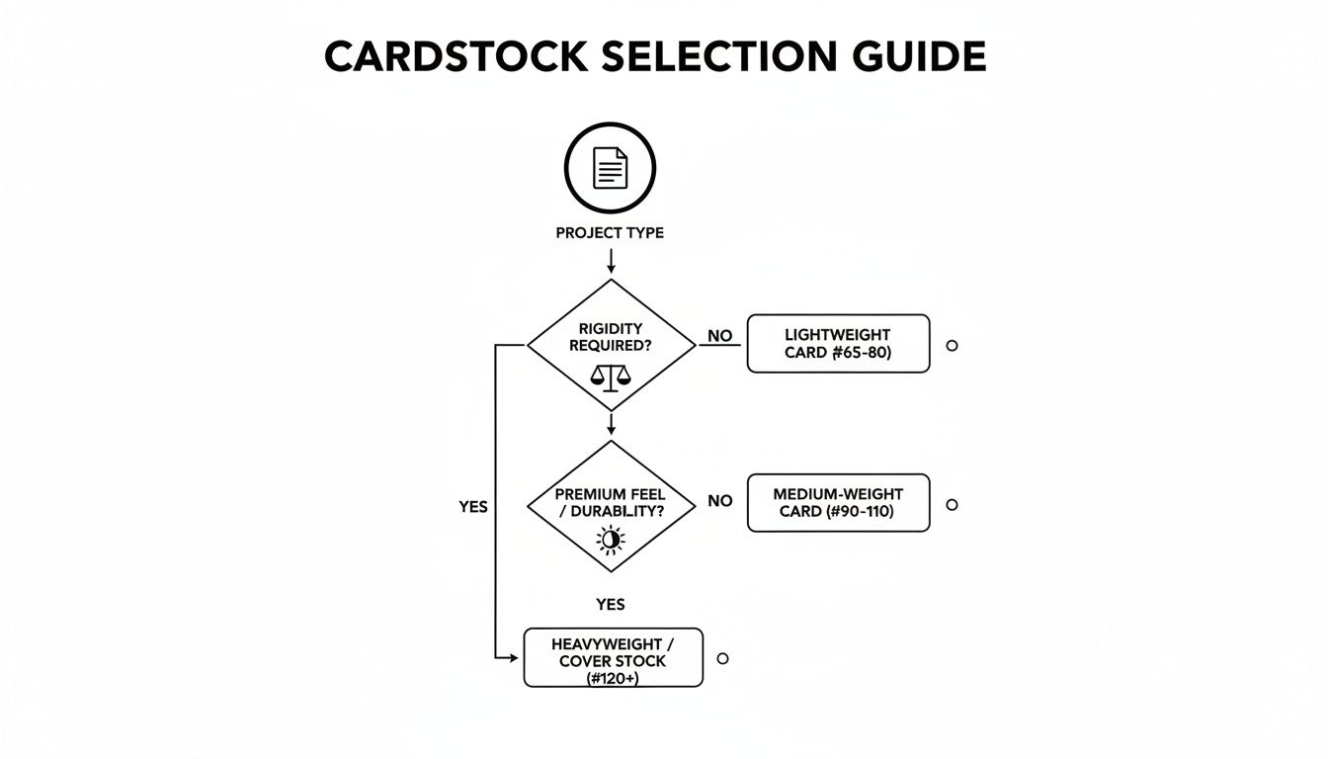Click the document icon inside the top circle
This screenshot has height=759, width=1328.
(610, 168)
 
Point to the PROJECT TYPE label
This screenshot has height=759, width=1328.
(610, 233)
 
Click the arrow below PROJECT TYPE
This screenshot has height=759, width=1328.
(611, 261)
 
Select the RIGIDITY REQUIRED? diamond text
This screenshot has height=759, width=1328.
(611, 336)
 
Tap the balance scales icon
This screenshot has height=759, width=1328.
(610, 375)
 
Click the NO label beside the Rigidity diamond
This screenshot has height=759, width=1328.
(720, 336)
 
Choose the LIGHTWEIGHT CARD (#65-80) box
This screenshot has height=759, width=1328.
(838, 344)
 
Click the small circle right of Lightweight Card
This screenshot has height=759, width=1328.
(952, 346)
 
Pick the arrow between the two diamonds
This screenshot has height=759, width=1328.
(611, 424)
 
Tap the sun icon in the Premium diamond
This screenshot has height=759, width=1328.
(611, 539)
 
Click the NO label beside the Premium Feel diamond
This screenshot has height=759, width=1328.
(720, 501)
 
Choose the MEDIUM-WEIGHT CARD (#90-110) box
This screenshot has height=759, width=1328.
(838, 503)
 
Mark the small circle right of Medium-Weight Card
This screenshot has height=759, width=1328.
(952, 505)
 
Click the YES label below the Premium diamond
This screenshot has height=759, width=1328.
(611, 604)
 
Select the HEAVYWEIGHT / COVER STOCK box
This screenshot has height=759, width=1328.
(613, 657)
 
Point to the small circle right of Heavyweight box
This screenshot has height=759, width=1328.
(722, 658)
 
